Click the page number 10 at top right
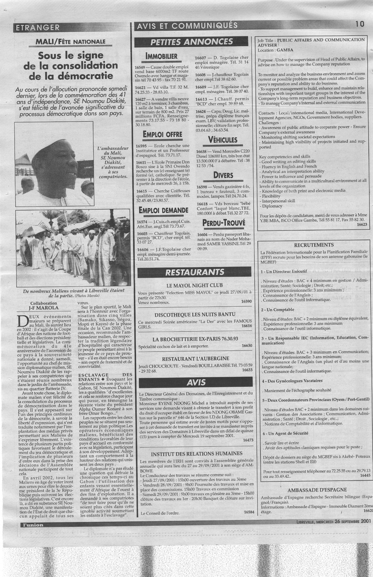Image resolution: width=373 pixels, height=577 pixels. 360,24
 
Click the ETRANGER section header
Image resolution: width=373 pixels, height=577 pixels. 36,27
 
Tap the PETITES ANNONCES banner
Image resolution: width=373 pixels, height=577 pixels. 192,41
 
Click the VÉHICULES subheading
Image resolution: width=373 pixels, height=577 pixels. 222,140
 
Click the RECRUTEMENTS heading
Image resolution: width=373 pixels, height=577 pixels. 311,245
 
